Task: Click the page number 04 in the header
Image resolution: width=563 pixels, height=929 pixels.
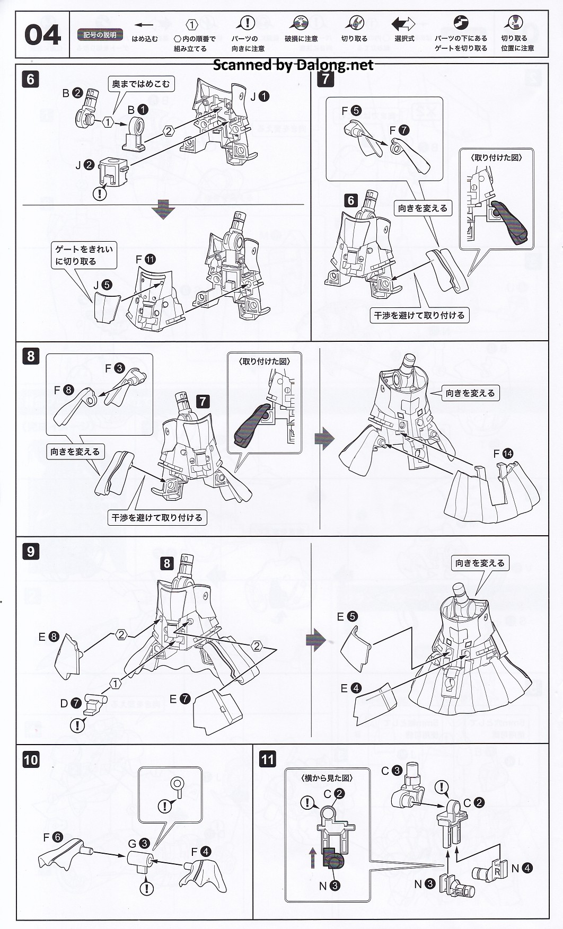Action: pyautogui.click(x=42, y=35)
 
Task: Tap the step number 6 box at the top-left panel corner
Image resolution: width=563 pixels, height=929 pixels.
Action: pyautogui.click(x=30, y=79)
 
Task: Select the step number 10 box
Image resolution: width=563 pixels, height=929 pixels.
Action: pyautogui.click(x=31, y=759)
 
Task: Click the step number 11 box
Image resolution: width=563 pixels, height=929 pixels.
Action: pyautogui.click(x=268, y=759)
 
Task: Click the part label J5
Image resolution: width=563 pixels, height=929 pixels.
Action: pyautogui.click(x=102, y=285)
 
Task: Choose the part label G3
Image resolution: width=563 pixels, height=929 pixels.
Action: pyautogui.click(x=138, y=844)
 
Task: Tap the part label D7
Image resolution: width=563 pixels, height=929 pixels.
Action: pyautogui.click(x=71, y=703)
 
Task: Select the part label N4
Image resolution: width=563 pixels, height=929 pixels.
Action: pyautogui.click(x=522, y=868)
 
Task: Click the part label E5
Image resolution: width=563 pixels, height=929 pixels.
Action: pyautogui.click(x=347, y=616)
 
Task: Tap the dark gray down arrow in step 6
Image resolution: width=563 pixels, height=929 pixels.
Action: pyautogui.click(x=163, y=210)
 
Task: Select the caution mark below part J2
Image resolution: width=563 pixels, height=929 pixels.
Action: pyautogui.click(x=100, y=193)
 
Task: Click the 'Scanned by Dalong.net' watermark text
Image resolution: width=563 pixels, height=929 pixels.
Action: pyautogui.click(x=293, y=65)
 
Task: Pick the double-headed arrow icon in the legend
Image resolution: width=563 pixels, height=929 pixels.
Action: pyautogui.click(x=404, y=24)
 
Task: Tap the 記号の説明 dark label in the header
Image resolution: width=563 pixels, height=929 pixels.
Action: pyautogui.click(x=100, y=35)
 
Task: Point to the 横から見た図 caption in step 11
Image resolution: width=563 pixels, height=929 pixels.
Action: pyautogui.click(x=327, y=778)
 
